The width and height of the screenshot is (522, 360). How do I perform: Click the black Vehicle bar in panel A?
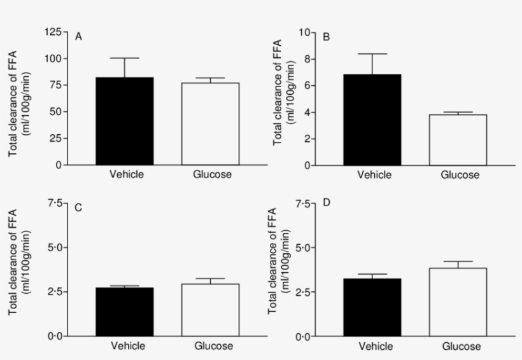point(125,121)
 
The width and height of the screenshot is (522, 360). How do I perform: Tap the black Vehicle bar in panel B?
point(372,120)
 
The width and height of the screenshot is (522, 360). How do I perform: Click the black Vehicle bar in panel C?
point(125,312)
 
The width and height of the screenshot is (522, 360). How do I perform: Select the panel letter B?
point(327,37)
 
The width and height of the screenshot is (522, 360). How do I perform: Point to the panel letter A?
point(78,37)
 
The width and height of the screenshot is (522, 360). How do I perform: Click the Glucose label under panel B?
point(459,175)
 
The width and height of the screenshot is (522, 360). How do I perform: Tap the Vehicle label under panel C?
point(127,346)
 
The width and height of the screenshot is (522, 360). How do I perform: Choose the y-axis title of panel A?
point(18,99)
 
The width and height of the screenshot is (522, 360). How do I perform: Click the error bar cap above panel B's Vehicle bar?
point(372,53)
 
